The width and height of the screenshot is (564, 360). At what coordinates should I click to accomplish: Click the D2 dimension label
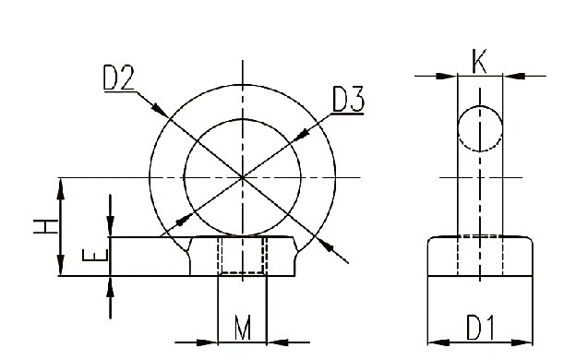[x=117, y=78]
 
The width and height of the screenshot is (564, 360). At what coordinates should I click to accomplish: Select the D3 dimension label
[x=347, y=99]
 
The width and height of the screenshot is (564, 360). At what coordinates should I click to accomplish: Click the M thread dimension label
[x=242, y=328]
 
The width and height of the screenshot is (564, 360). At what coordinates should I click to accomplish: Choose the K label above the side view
[x=480, y=63]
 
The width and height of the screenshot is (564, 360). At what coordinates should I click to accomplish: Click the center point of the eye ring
[x=242, y=176]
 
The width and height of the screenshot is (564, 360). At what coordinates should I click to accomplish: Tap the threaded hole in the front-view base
[x=242, y=256]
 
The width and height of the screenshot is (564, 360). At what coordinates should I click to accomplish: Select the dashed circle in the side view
[x=480, y=128]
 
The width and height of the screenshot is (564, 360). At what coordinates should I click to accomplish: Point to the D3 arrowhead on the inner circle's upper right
[x=294, y=137]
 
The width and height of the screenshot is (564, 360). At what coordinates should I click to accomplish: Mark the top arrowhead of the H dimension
[x=61, y=184]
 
